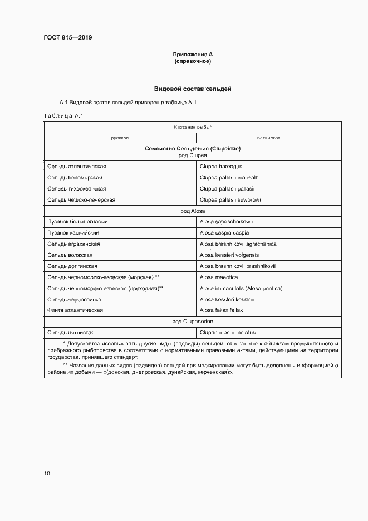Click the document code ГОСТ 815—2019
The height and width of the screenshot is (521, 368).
click(x=68, y=37)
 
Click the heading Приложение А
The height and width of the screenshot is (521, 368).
click(x=193, y=55)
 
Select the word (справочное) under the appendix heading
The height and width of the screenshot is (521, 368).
click(x=193, y=61)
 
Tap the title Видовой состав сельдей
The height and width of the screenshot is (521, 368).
click(x=193, y=89)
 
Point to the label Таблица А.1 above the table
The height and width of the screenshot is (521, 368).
click(x=63, y=115)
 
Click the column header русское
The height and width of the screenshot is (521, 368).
click(x=120, y=138)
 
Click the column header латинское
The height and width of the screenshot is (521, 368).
click(x=268, y=138)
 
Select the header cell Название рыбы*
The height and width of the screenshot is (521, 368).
click(x=193, y=127)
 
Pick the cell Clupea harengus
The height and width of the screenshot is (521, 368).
click(x=221, y=167)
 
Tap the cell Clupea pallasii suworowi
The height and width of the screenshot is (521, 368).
click(x=230, y=199)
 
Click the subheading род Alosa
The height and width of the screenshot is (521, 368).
click(x=193, y=211)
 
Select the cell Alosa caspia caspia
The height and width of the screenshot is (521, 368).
click(x=224, y=233)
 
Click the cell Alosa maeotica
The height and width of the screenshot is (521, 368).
click(x=219, y=277)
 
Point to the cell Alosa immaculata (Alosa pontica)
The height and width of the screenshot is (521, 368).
click(x=241, y=288)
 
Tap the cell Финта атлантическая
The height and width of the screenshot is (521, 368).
click(x=75, y=310)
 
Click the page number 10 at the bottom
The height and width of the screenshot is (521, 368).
click(x=47, y=473)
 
